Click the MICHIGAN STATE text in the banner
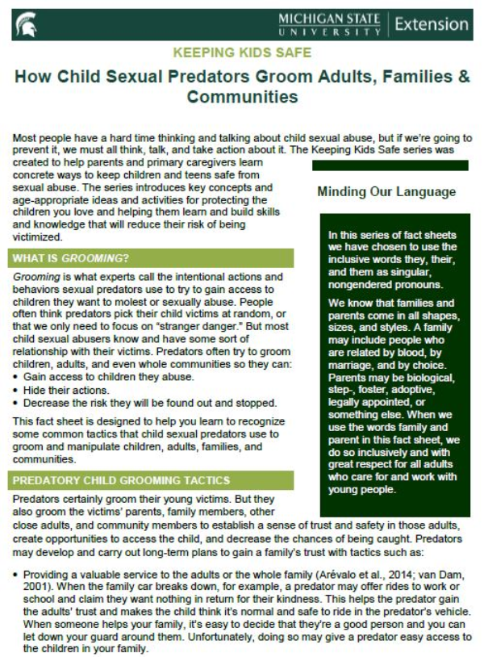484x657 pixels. tap(330, 19)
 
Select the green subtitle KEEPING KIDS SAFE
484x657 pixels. tap(241, 52)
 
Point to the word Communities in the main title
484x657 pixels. tap(242, 98)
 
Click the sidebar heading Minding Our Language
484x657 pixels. tap(386, 192)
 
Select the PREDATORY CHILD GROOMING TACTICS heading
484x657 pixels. tap(119, 481)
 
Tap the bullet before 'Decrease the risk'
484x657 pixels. tap(16, 402)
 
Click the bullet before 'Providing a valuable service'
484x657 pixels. tap(16, 572)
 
